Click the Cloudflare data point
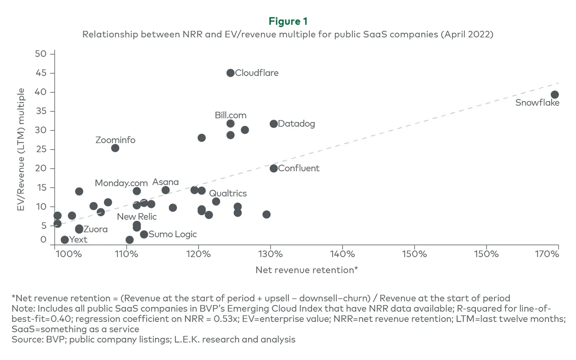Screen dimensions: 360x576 coord(230,73)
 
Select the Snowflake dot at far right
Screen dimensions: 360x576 coord(554,94)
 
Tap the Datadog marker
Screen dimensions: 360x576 coord(274,124)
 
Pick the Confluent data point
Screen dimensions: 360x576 coord(274,168)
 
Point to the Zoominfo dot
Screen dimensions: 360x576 coord(115,148)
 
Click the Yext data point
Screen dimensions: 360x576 coord(65,240)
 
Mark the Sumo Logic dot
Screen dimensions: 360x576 coord(144,234)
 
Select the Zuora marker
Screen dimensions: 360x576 coord(79,229)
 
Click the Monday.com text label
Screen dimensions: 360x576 coord(121,183)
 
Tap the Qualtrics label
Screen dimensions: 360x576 coord(228,193)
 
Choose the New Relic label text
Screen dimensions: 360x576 coord(136,217)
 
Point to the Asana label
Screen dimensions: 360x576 coord(165,182)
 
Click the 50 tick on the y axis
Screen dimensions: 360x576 coord(41,54)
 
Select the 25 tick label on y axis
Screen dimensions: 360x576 coord(41,149)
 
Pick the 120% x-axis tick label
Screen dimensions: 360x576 coord(198,254)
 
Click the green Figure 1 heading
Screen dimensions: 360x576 coord(288,21)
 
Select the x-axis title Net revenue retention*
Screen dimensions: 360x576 coord(307,270)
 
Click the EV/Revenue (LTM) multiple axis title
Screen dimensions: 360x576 coord(21,149)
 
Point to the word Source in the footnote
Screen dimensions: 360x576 coord(24,340)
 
